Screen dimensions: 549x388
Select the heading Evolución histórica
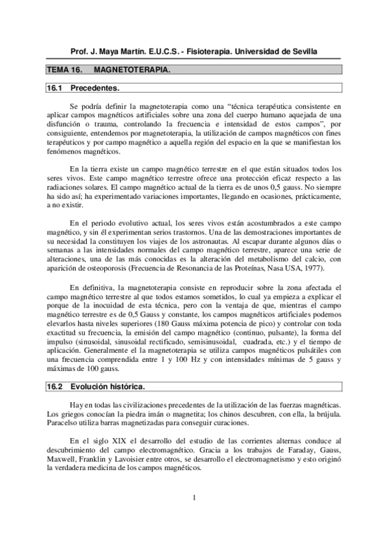108,387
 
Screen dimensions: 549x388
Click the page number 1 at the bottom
194,497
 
